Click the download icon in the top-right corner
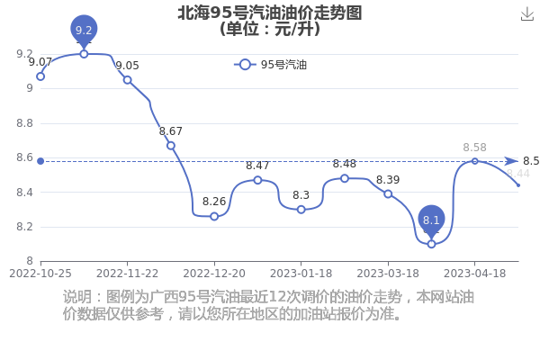[527, 14]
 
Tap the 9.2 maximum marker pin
[84, 31]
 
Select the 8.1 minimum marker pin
[431, 220]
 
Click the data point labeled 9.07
[40, 76]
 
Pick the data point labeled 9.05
[128, 80]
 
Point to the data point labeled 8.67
[171, 146]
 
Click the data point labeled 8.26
[214, 216]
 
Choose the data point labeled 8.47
[257, 180]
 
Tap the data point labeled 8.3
[301, 210]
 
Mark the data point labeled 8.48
[345, 178]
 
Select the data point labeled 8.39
[388, 194]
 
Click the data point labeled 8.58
[475, 161]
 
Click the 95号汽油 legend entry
[270, 65]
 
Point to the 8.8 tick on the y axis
[25, 123]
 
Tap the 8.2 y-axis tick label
[25, 227]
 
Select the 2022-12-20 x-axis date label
[214, 274]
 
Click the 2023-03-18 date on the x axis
[388, 274]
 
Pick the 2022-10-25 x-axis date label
[40, 274]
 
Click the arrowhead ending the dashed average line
[511, 161]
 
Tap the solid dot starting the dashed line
[40, 161]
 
